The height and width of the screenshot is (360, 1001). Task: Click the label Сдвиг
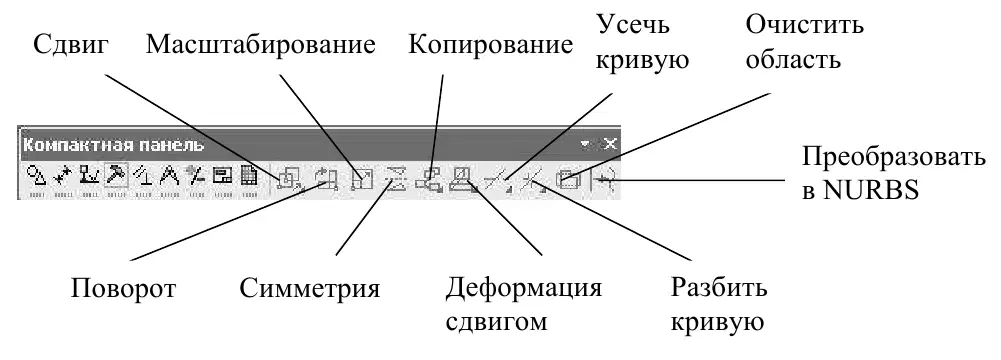72,47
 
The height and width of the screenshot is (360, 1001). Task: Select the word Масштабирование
260,45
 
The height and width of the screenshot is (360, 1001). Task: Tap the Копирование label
490,45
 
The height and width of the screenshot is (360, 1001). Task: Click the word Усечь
633,27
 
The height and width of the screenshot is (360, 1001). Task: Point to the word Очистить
804,27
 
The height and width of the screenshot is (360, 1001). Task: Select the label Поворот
123,289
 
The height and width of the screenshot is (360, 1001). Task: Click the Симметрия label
310,289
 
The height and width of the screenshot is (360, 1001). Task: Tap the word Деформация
523,288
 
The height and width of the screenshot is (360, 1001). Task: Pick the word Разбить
719,288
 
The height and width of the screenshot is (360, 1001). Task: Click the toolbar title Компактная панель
114,145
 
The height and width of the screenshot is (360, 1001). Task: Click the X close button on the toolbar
610,144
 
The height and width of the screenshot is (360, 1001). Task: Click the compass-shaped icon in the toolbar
169,174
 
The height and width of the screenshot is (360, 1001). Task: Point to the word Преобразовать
894,157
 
